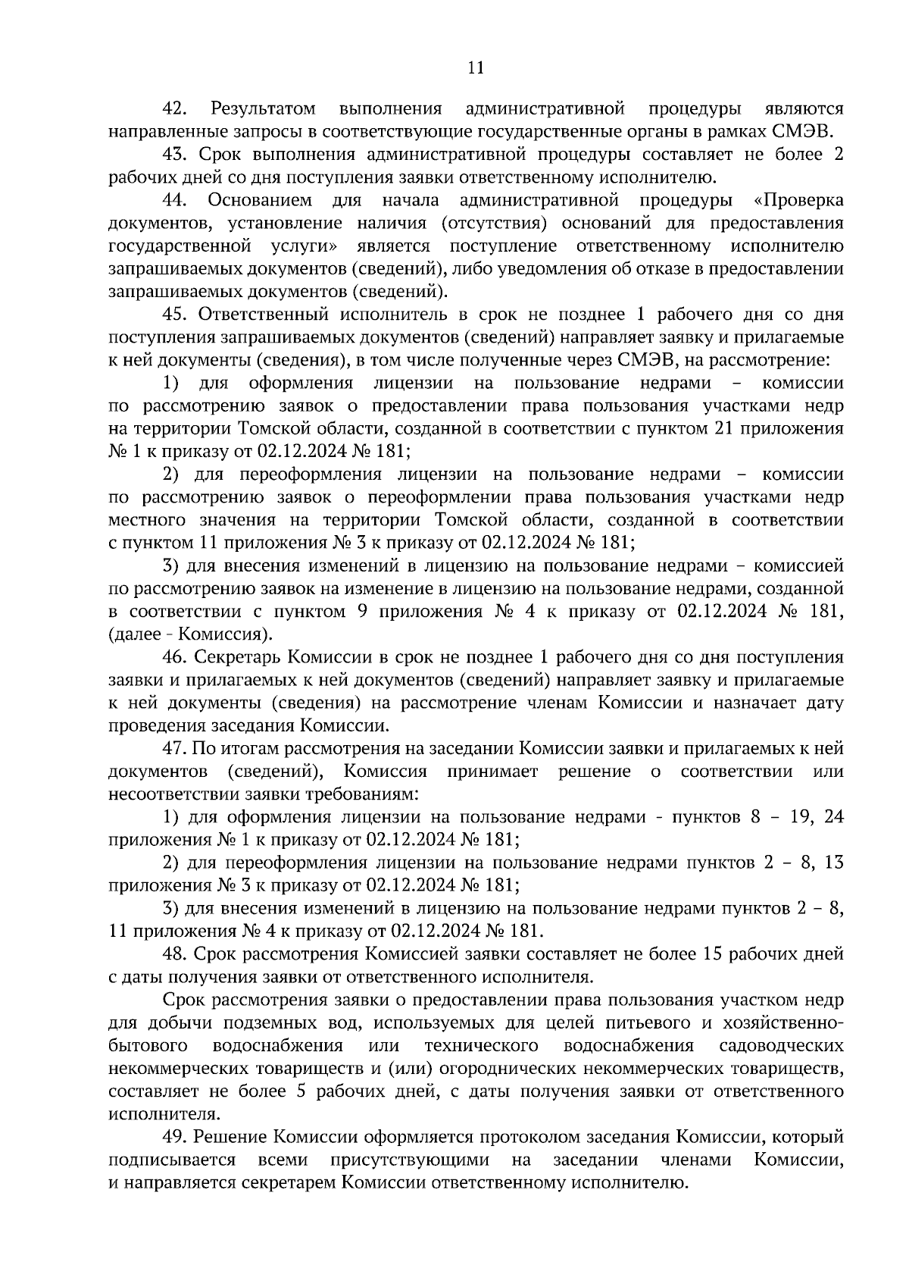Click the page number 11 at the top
[476, 67]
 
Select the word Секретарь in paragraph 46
[235, 657]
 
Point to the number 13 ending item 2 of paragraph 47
[832, 863]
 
